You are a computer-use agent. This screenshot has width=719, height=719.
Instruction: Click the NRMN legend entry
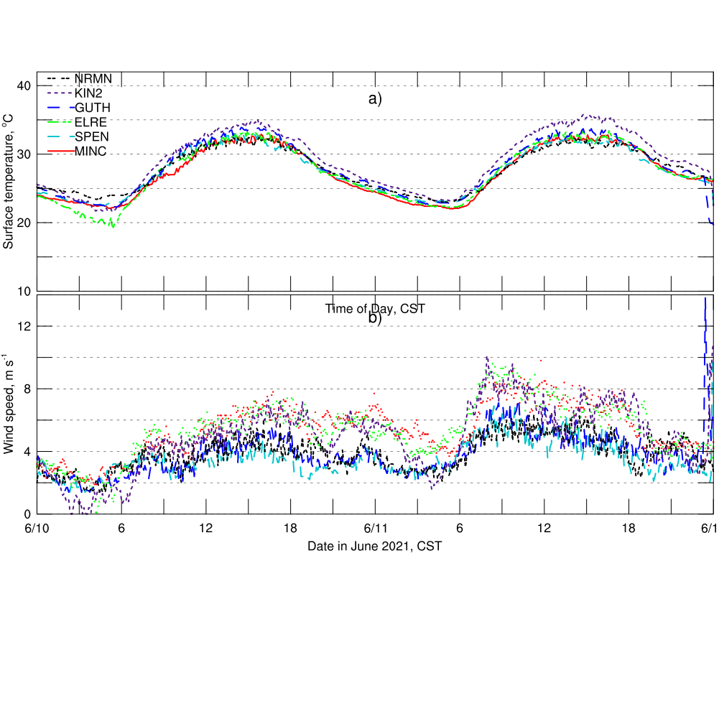pyautogui.click(x=93, y=78)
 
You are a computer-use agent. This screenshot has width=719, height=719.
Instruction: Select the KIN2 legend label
pyautogui.click(x=89, y=93)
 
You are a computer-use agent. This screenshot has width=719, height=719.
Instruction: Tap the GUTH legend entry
pyautogui.click(x=92, y=107)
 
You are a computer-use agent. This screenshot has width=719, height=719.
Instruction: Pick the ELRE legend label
pyautogui.click(x=91, y=121)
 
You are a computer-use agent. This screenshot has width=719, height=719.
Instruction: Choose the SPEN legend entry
pyautogui.click(x=91, y=136)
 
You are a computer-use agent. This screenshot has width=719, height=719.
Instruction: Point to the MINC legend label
pyautogui.click(x=91, y=150)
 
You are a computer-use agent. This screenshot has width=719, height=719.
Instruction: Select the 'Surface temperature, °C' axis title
pyautogui.click(x=9, y=182)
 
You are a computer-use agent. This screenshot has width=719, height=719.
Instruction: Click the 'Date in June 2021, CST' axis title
pyautogui.click(x=374, y=547)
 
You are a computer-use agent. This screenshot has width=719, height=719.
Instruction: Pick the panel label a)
pyautogui.click(x=375, y=99)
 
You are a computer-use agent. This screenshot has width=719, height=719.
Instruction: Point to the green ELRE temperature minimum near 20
pyautogui.click(x=111, y=226)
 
